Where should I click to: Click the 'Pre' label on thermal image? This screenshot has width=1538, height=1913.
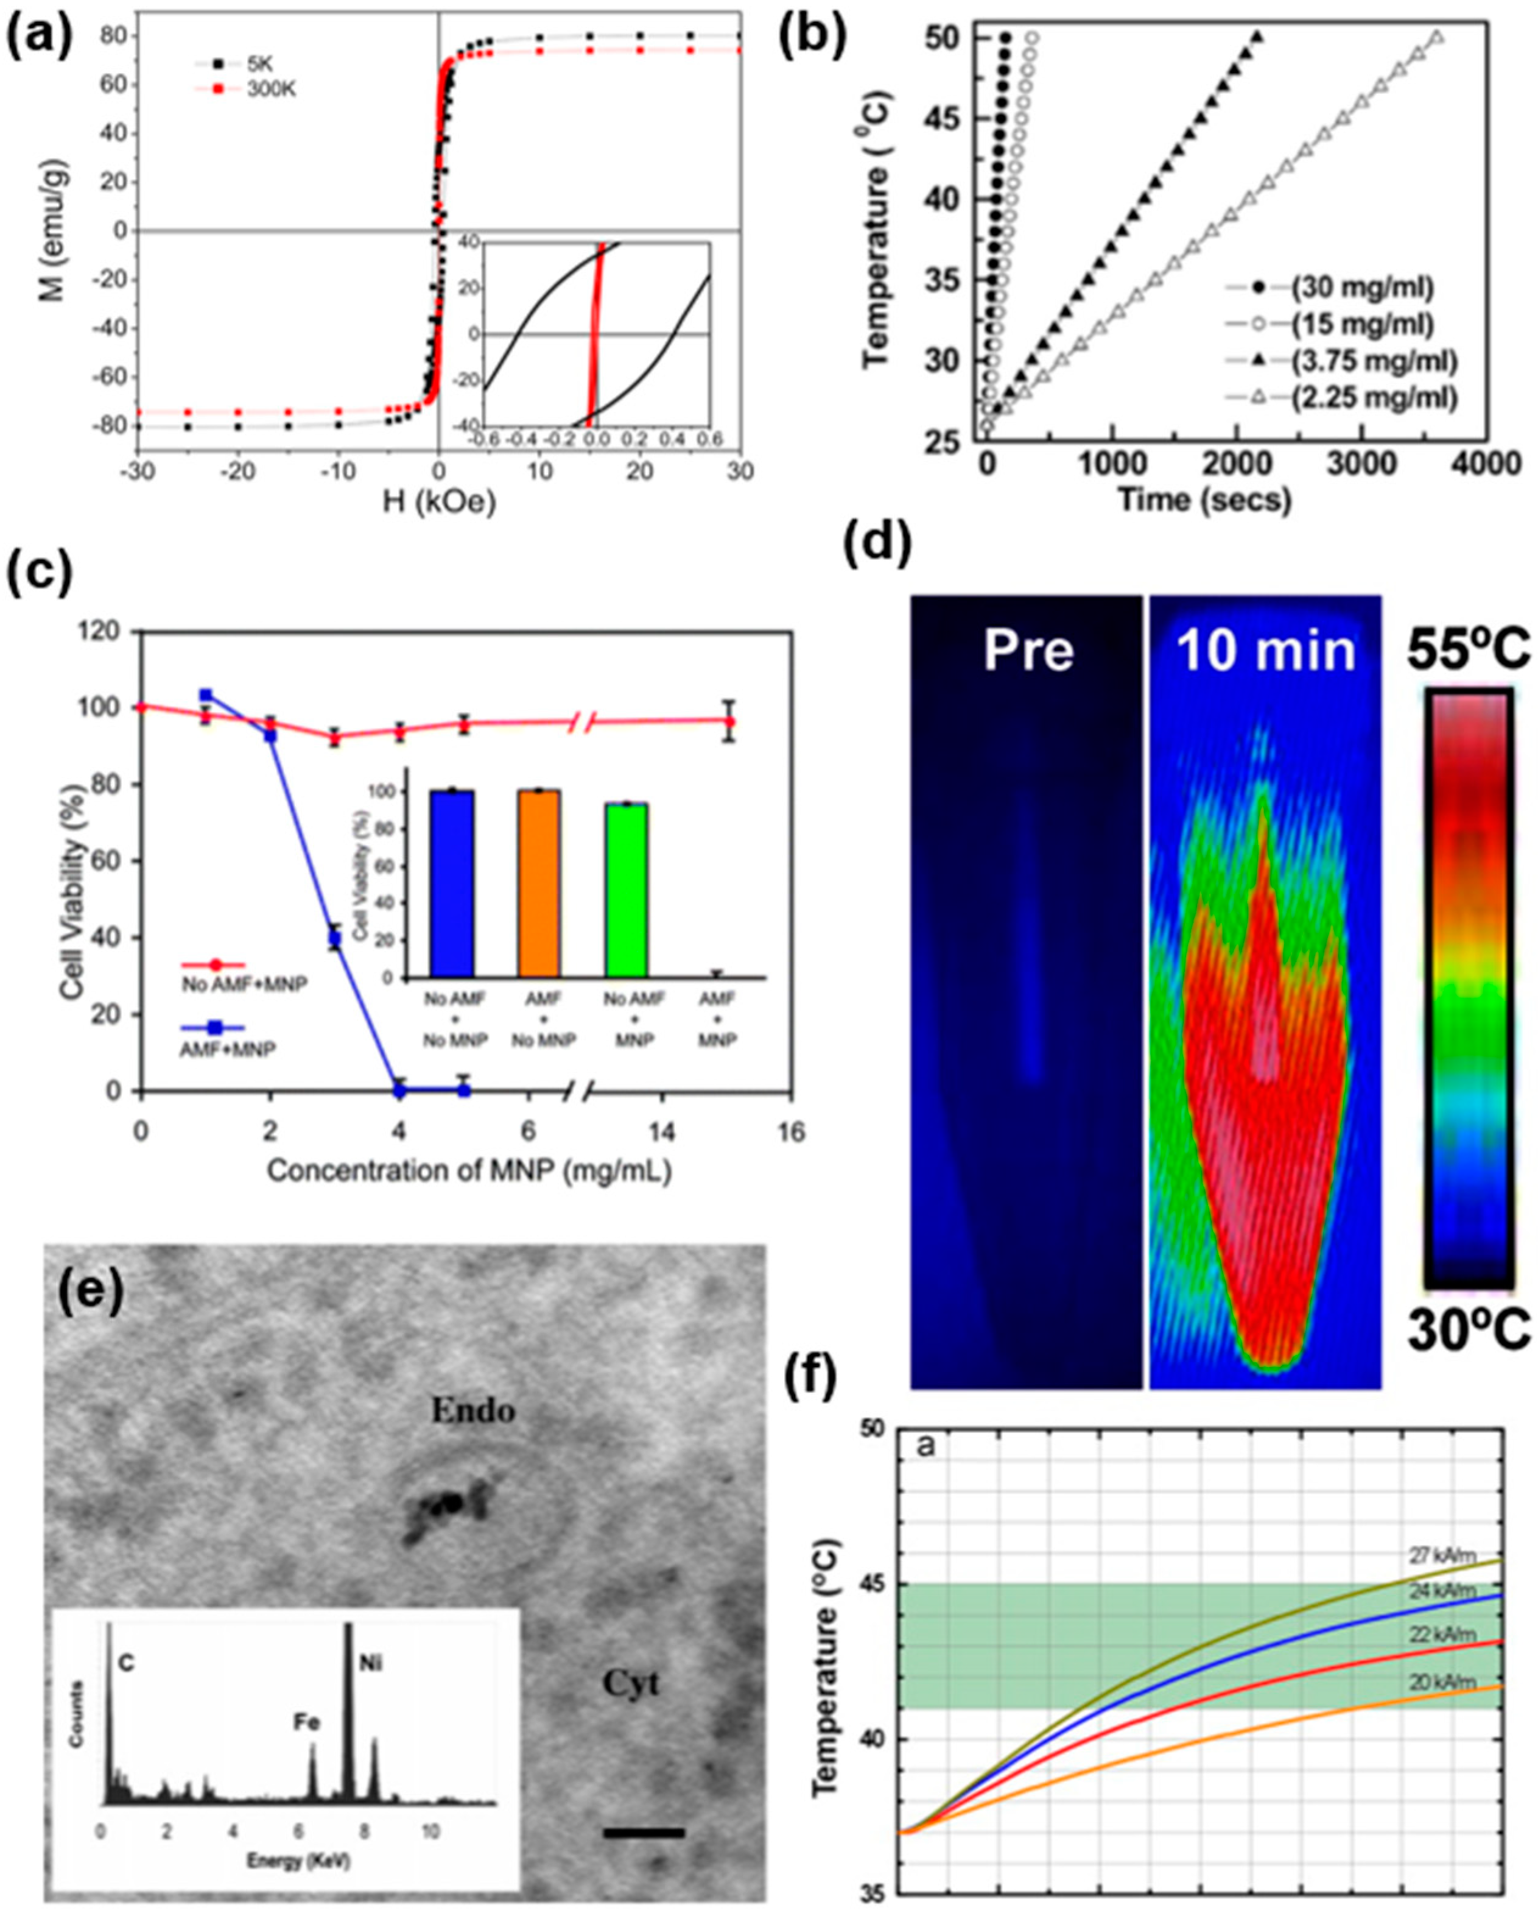[x=1028, y=651]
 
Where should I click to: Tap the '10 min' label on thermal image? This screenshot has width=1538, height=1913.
[x=1266, y=651]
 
